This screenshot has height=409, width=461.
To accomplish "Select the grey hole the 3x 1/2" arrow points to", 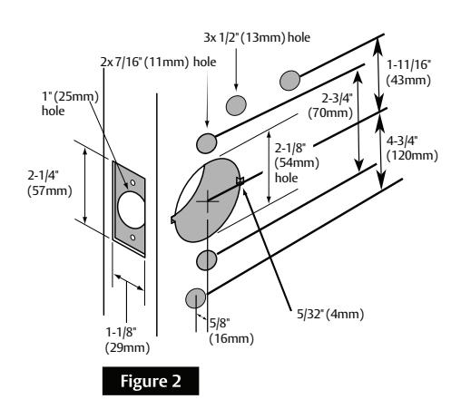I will point(236,102).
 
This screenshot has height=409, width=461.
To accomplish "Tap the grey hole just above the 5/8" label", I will point(195,298).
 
